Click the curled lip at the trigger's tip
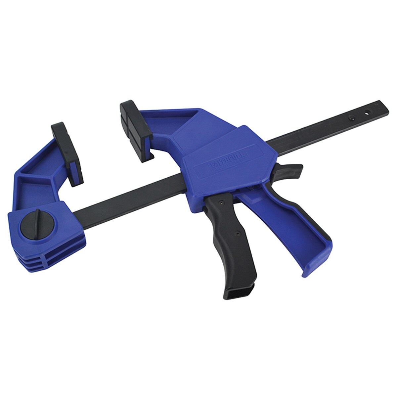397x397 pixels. click(x=314, y=265)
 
